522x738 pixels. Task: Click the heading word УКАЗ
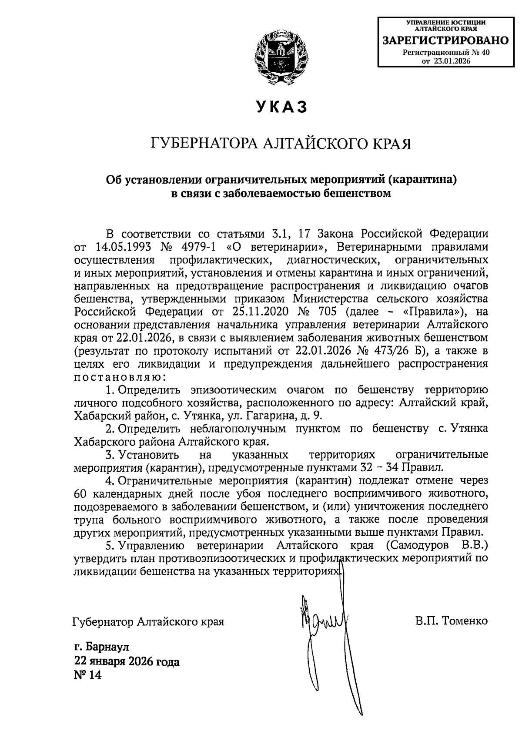(281, 107)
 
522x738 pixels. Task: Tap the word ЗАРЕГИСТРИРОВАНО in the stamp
(445, 41)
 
